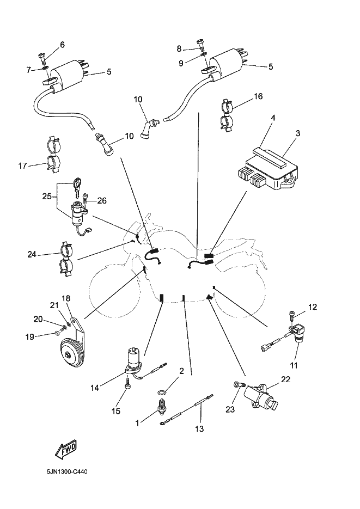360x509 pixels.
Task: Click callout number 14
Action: [96, 388]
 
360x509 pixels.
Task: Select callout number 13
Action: [199, 429]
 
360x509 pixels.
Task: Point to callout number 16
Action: [258, 96]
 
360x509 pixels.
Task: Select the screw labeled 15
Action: [127, 385]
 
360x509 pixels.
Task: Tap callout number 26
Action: [101, 200]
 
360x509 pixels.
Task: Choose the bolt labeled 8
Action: [202, 42]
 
